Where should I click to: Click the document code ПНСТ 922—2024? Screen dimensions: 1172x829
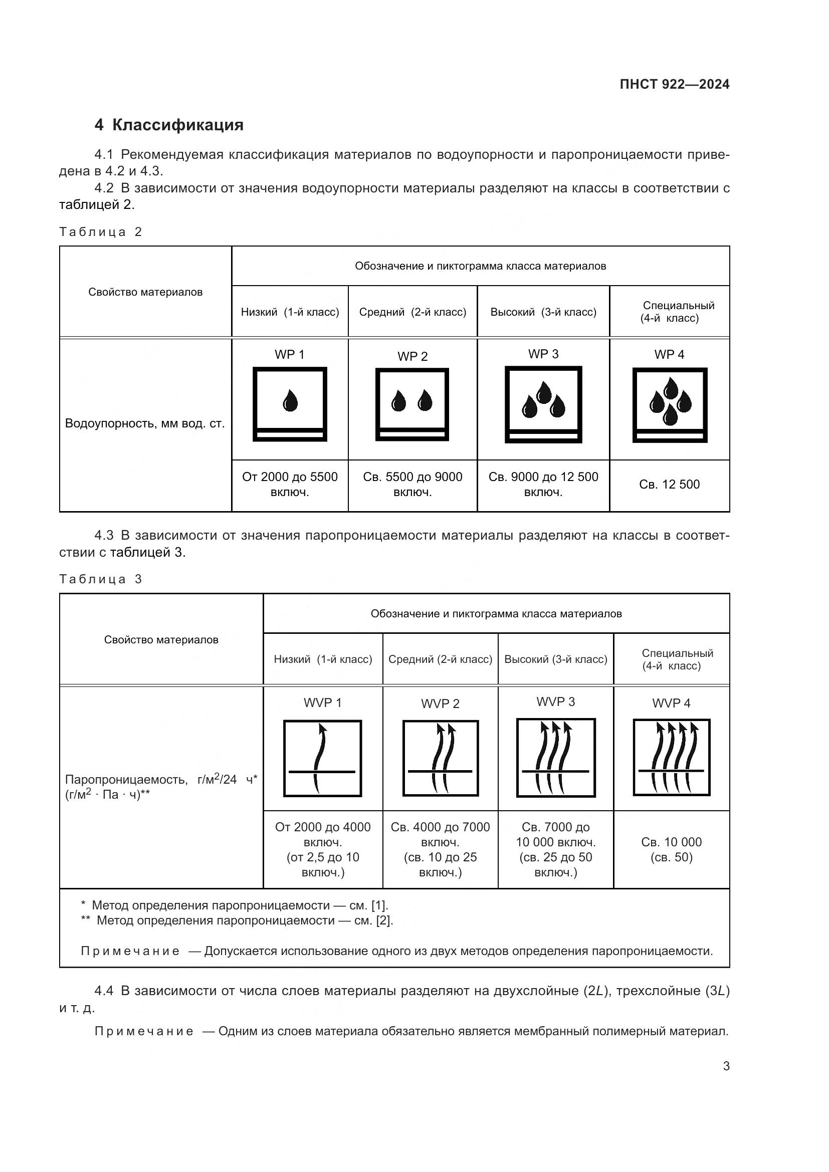click(x=674, y=85)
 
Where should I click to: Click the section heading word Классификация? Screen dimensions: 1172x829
click(x=177, y=125)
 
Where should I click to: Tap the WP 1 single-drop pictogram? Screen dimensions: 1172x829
click(x=290, y=404)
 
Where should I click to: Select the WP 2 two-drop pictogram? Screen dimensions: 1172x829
click(x=412, y=404)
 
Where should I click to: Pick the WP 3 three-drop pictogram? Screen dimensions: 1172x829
click(x=543, y=404)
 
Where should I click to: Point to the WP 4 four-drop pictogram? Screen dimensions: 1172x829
click(x=670, y=404)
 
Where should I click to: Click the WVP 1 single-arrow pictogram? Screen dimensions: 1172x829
click(x=323, y=758)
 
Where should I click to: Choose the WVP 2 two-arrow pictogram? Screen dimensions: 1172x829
click(x=441, y=758)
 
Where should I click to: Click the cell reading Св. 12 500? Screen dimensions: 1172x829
click(x=669, y=485)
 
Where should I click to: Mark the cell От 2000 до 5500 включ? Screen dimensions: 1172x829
click(x=290, y=485)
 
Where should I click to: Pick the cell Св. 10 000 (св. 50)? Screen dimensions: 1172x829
click(x=671, y=849)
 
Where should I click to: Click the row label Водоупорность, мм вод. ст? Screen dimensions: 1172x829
click(x=145, y=424)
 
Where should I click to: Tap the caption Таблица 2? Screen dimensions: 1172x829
click(x=101, y=232)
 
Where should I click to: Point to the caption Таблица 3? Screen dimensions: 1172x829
click(x=101, y=579)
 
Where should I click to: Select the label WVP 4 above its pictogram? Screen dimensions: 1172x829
click(x=671, y=704)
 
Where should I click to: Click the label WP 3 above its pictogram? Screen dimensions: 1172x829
click(x=543, y=354)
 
